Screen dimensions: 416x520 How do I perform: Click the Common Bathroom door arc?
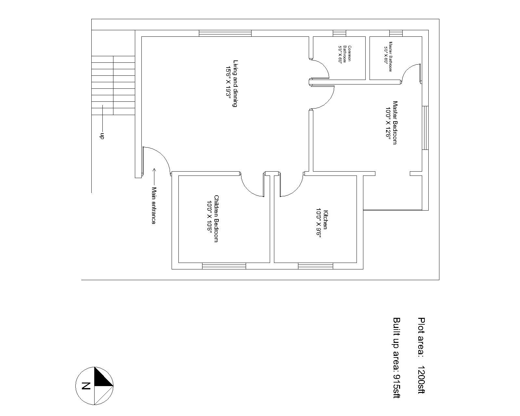324,66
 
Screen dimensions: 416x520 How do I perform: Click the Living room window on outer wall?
225,33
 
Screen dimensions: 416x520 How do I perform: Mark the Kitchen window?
316,266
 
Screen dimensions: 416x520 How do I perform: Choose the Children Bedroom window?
224,266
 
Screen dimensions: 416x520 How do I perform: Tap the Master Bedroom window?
425,128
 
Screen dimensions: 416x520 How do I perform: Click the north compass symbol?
95,386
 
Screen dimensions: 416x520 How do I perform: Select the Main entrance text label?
154,205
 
